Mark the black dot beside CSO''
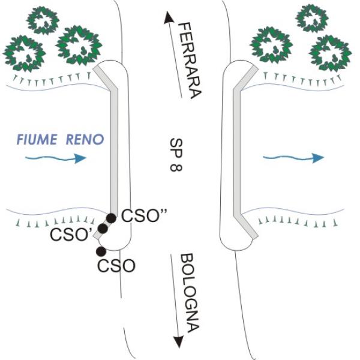click(112, 218)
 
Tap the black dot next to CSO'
click(103, 229)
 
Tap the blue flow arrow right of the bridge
click(294, 157)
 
